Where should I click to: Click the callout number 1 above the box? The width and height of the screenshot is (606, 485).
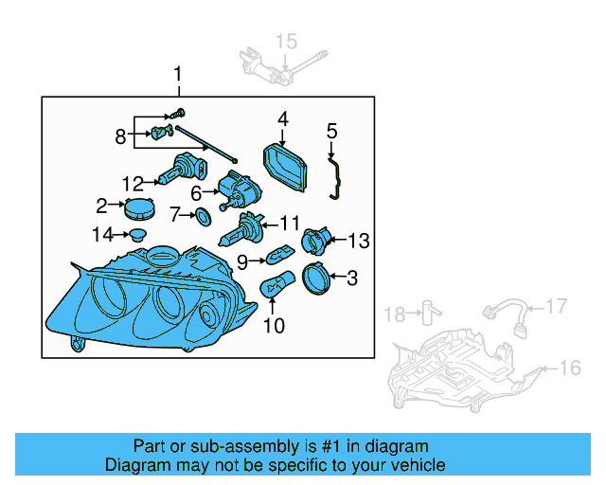(176, 75)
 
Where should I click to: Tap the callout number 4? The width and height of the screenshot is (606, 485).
(281, 119)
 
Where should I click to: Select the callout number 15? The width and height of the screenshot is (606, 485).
(286, 40)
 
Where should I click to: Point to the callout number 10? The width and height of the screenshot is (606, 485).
(273, 327)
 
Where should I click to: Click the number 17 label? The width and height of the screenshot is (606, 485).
(556, 305)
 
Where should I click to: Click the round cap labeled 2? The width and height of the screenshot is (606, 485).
(138, 207)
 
